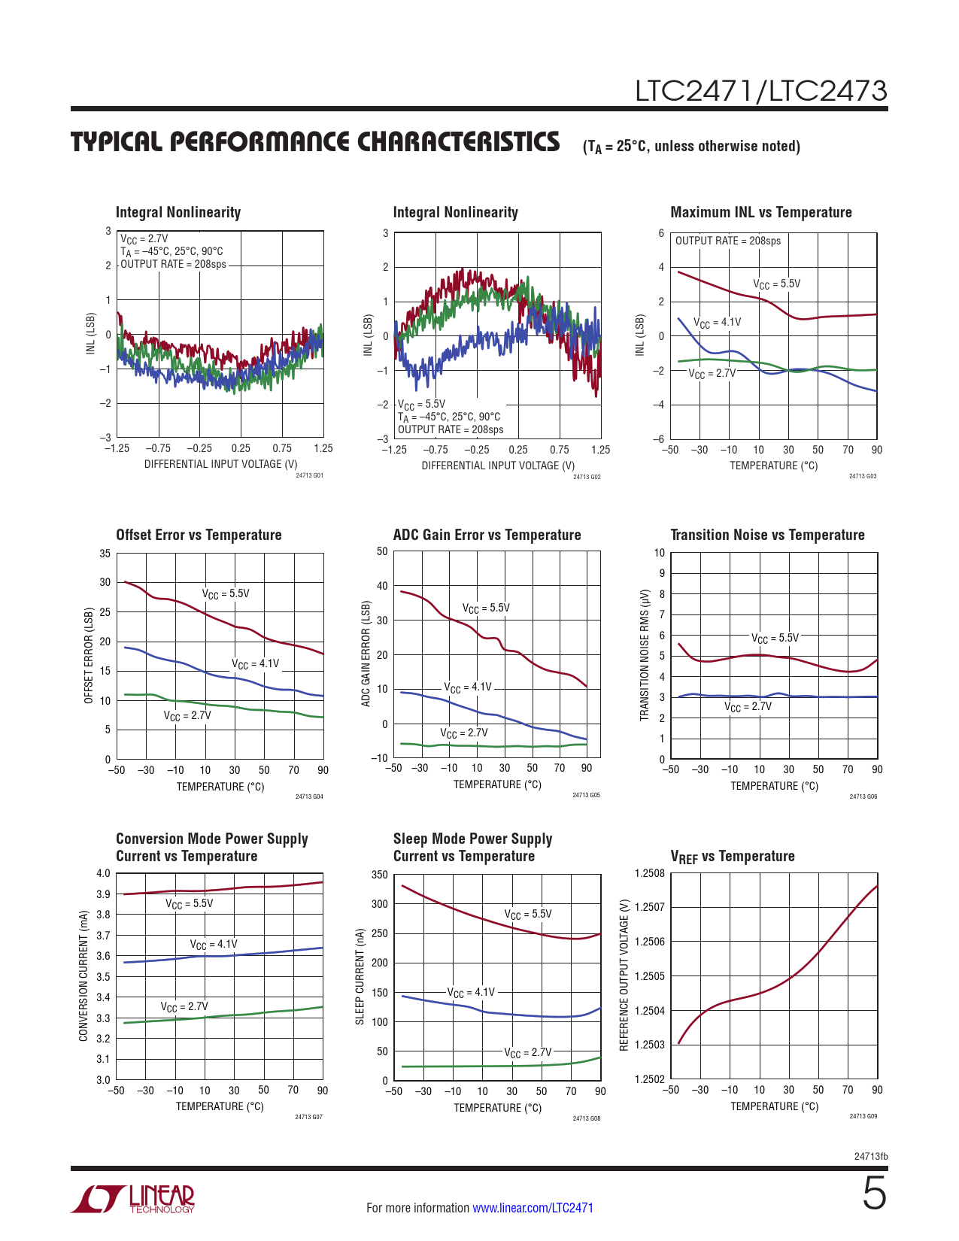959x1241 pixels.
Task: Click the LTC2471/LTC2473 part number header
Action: (x=761, y=91)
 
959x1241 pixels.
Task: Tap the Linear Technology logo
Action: (x=133, y=1199)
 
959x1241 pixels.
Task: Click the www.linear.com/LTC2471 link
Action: (x=533, y=1208)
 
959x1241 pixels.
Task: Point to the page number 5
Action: (x=874, y=1194)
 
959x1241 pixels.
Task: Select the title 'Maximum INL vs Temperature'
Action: (x=760, y=213)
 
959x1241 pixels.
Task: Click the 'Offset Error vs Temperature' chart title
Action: (x=199, y=535)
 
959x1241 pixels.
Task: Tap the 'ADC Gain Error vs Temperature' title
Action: (x=487, y=535)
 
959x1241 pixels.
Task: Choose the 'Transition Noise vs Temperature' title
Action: (x=767, y=535)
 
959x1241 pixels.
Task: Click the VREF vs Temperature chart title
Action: (x=732, y=857)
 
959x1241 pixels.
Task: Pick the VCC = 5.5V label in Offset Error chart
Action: (x=226, y=593)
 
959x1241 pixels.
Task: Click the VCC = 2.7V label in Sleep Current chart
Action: (x=527, y=1052)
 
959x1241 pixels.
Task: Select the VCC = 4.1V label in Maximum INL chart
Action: (x=717, y=323)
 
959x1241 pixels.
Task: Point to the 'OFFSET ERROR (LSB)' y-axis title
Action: (x=89, y=655)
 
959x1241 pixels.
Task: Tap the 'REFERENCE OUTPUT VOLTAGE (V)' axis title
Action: (x=624, y=975)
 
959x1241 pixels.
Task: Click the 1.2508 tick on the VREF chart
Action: (x=650, y=873)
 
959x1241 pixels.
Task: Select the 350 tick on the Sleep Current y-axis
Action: (x=380, y=875)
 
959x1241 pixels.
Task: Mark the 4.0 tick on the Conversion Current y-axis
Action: (x=103, y=873)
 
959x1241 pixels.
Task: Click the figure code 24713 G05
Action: (x=586, y=795)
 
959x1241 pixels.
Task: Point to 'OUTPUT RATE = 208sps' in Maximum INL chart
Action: (x=727, y=241)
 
